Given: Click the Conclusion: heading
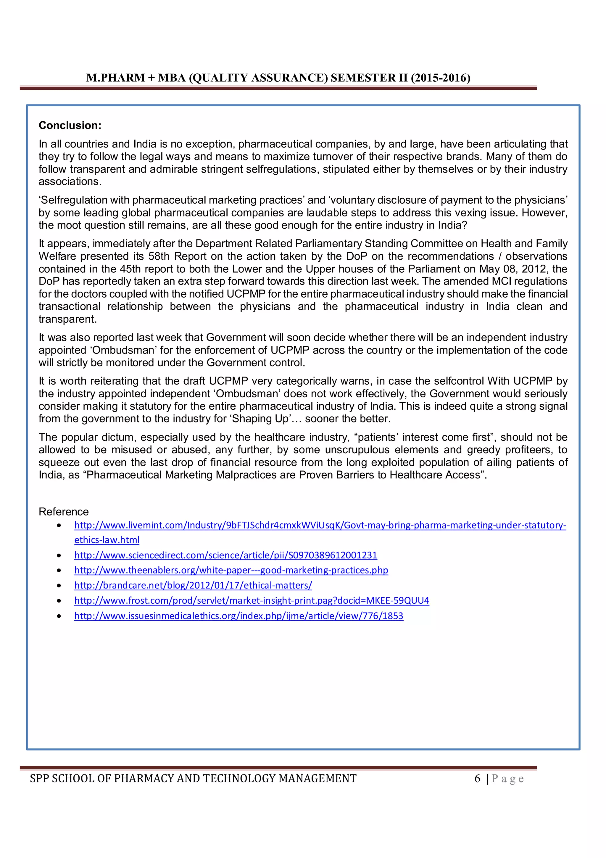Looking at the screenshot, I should (70, 125).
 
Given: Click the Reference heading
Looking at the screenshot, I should (64, 512).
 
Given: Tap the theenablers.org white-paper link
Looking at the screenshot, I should (231, 570).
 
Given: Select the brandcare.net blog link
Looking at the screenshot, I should (193, 585).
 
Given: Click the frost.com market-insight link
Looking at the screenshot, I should (252, 600).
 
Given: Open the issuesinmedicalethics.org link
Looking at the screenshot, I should (238, 616).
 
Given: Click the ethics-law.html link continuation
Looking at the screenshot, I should (107, 540).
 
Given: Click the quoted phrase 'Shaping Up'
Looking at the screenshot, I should (260, 419).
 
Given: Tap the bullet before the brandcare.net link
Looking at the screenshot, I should (59, 586).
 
